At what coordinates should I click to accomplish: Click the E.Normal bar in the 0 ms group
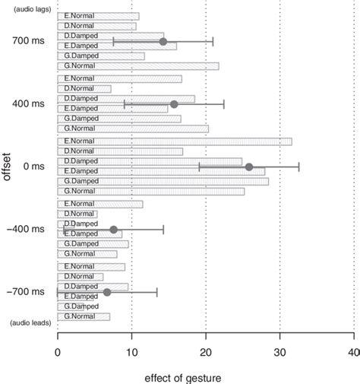pyautogui.click(x=174, y=141)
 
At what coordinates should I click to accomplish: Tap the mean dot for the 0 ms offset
pyautogui.click(x=248, y=167)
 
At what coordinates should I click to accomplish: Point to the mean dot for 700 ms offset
pyautogui.click(x=163, y=41)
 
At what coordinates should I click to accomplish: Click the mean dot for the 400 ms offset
pyautogui.click(x=174, y=104)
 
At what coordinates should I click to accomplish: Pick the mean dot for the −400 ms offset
pyautogui.click(x=114, y=230)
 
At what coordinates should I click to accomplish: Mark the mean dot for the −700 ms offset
pyautogui.click(x=107, y=292)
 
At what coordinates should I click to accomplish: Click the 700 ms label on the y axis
pyautogui.click(x=27, y=41)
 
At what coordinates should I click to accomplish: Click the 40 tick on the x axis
pyautogui.click(x=353, y=352)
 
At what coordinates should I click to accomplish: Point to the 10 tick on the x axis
pyautogui.click(x=131, y=352)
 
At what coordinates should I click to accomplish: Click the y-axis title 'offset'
pyautogui.click(x=7, y=167)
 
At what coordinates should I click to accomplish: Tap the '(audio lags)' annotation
pyautogui.click(x=30, y=8)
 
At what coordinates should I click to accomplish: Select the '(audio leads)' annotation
pyautogui.click(x=30, y=323)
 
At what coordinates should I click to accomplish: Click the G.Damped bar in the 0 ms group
pyautogui.click(x=163, y=181)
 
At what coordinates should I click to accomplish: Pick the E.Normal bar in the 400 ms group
pyautogui.click(x=119, y=79)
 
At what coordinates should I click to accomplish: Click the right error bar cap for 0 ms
pyautogui.click(x=298, y=167)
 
